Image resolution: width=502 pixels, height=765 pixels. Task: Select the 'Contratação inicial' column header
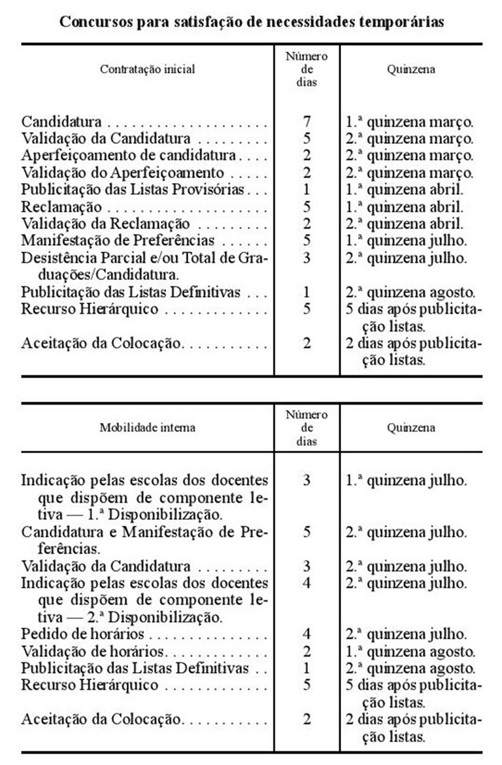pyautogui.click(x=147, y=69)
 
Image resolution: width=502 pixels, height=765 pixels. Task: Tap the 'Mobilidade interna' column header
pyautogui.click(x=147, y=428)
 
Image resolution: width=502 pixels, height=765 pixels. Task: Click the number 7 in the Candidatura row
pyautogui.click(x=307, y=122)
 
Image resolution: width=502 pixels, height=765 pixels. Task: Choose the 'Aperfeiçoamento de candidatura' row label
pyautogui.click(x=129, y=156)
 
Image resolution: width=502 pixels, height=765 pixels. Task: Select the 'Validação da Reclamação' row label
pyautogui.click(x=106, y=224)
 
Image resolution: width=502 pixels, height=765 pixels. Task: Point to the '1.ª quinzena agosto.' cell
pyautogui.click(x=410, y=651)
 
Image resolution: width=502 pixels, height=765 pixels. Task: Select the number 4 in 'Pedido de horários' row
pyautogui.click(x=307, y=634)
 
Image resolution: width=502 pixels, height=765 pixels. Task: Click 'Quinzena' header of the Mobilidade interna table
pyautogui.click(x=411, y=428)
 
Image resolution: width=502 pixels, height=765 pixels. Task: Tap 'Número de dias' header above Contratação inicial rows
pyautogui.click(x=307, y=69)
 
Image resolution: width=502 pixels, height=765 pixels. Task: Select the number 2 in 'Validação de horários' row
pyautogui.click(x=307, y=651)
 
